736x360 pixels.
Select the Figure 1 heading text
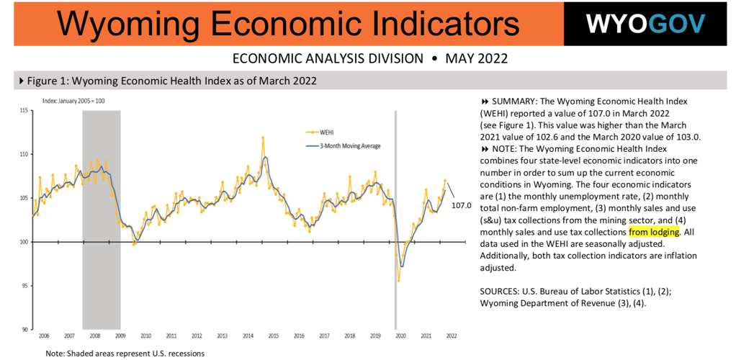coord(171,81)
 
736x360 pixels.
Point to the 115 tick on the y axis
coord(24,110)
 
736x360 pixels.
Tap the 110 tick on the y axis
coord(24,154)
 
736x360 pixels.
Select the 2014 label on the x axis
coord(248,336)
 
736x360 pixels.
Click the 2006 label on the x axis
coord(43,336)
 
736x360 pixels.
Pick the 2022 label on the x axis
coord(452,336)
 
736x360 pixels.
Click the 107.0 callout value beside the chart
coord(461,205)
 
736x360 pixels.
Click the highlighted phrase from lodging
coord(654,232)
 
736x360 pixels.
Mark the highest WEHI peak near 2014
coord(263,137)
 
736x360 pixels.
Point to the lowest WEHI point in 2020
coord(398,280)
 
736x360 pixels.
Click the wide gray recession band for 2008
coord(101,216)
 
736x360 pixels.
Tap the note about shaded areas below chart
coord(125,354)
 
